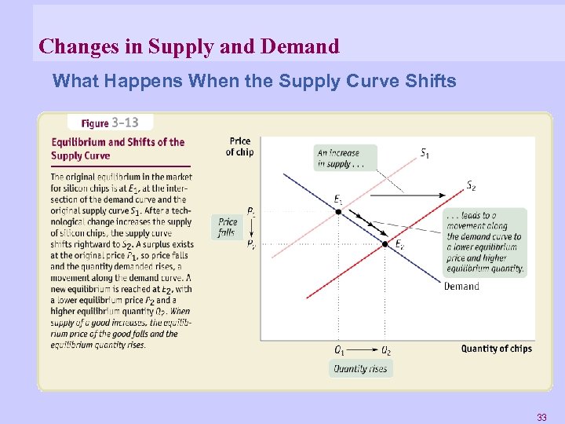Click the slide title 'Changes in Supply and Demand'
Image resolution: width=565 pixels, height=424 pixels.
click(189, 46)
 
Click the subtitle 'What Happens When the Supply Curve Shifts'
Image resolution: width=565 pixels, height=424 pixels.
click(254, 81)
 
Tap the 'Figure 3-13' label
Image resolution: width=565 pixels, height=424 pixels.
click(110, 122)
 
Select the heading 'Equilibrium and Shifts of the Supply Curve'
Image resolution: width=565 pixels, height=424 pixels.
click(118, 148)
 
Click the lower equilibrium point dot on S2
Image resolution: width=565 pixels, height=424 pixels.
click(385, 244)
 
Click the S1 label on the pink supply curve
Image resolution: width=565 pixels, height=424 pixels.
click(425, 153)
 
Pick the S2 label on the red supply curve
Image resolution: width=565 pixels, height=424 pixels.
click(471, 186)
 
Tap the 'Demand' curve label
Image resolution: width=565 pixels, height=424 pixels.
click(461, 286)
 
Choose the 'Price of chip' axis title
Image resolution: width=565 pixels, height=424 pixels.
click(240, 147)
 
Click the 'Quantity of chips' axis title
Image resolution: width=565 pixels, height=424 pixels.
click(496, 349)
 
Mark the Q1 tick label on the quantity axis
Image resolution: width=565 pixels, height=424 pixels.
click(339, 350)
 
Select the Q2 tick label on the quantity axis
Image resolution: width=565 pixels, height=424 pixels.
click(385, 350)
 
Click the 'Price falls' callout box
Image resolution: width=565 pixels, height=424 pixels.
click(228, 228)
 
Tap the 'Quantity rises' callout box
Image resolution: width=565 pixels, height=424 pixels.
click(361, 368)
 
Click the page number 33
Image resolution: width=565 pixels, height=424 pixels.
click(541, 416)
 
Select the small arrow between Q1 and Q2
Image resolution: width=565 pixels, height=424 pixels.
click(362, 350)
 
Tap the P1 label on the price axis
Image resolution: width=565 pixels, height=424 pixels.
click(250, 212)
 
